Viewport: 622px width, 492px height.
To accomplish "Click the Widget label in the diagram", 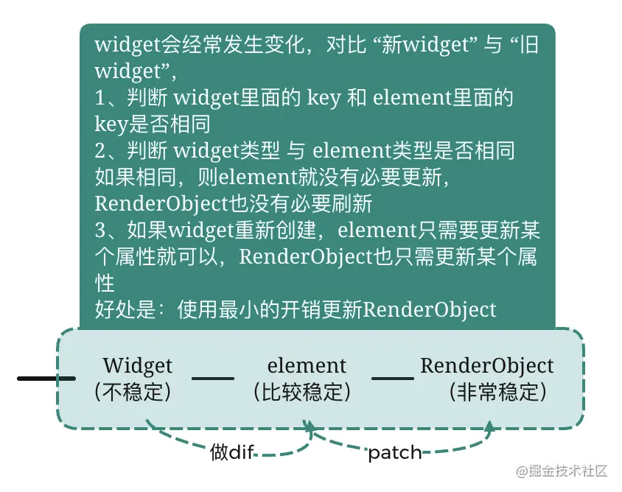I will point(138,365).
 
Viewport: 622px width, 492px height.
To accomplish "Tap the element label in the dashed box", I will point(307,365).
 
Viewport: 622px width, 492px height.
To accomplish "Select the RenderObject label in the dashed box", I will point(486,365).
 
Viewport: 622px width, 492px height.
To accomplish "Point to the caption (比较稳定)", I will point(301,391).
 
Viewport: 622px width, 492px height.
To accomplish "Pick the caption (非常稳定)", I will point(497,391).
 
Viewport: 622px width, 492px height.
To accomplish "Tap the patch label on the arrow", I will point(395,452).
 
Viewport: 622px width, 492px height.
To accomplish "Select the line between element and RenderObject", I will point(392,379).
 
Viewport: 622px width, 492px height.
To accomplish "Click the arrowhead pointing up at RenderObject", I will point(490,426).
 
